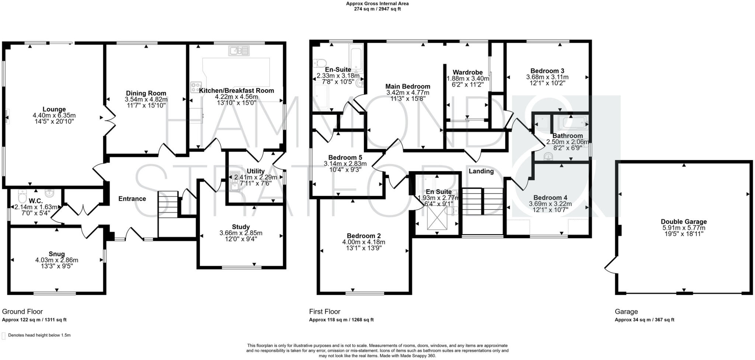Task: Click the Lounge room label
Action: [x=54, y=109]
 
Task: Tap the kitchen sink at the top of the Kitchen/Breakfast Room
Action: [x=239, y=51]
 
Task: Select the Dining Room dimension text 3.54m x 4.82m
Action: [x=146, y=100]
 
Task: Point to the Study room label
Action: [x=241, y=227]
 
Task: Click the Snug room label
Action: [x=56, y=254]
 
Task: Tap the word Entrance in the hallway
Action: [x=132, y=199]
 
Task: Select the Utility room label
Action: [x=255, y=171]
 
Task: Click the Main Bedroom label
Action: [x=408, y=86]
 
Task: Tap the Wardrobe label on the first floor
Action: [x=467, y=72]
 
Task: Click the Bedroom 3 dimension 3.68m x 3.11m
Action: [x=547, y=77]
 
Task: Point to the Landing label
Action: [x=481, y=171]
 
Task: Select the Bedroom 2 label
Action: [x=363, y=236]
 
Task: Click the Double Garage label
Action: [x=683, y=222]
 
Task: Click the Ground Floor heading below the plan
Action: [x=22, y=312]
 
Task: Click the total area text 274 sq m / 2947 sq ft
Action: [x=377, y=9]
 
